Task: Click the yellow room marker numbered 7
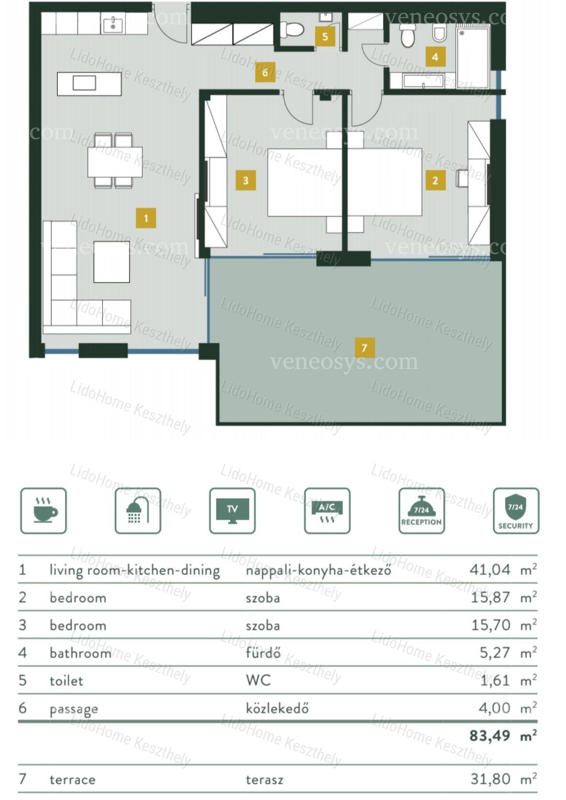tap(364, 347)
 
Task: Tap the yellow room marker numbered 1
tap(146, 218)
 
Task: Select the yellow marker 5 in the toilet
tap(325, 36)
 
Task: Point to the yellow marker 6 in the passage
tap(265, 72)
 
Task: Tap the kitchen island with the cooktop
tap(89, 84)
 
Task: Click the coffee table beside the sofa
tap(111, 262)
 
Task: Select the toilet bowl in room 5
tap(292, 29)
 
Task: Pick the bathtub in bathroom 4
tap(423, 81)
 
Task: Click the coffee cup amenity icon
tap(44, 511)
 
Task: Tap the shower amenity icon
tap(138, 511)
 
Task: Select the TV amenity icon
tap(232, 511)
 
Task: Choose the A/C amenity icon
tap(327, 511)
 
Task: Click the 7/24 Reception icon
tap(422, 511)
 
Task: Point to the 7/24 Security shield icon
tap(516, 511)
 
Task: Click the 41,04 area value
tap(490, 570)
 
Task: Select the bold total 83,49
tap(490, 735)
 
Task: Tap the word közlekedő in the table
tap(277, 708)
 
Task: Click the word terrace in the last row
tap(73, 779)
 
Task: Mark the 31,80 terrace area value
tap(490, 779)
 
